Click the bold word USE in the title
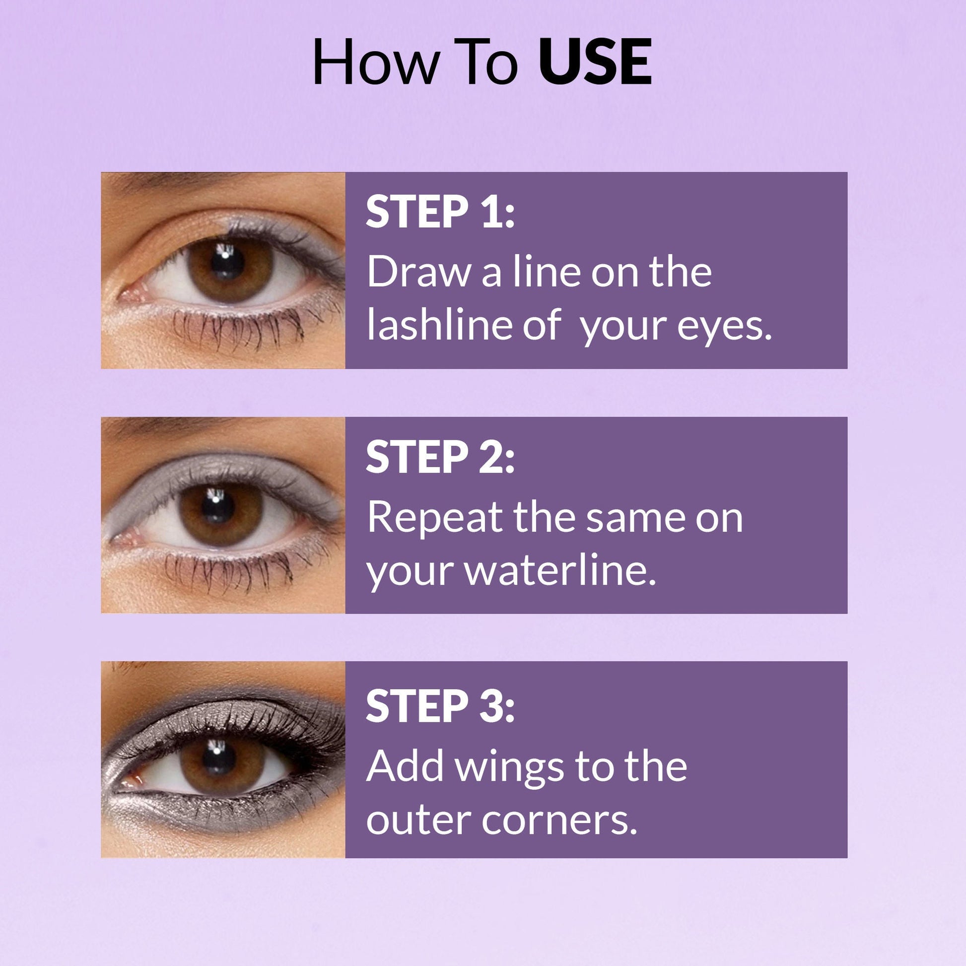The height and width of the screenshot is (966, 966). click(x=595, y=63)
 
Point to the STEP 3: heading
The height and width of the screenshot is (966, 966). click(x=440, y=705)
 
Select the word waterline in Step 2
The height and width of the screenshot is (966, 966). click(x=560, y=570)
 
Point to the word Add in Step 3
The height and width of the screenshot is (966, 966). click(x=406, y=765)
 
